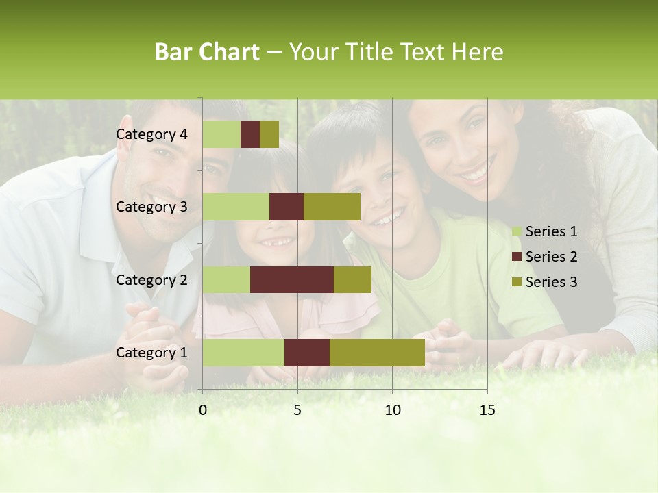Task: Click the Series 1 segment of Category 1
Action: pos(243,353)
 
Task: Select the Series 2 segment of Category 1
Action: pos(307,353)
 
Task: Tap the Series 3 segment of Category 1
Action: pos(377,353)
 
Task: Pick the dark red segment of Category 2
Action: pos(292,279)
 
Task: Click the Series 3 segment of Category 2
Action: pos(352,279)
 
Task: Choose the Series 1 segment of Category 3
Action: pos(236,207)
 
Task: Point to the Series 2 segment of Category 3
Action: pos(287,207)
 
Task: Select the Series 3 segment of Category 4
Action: pos(269,134)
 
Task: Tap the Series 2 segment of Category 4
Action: pos(250,134)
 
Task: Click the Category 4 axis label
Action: pos(151,134)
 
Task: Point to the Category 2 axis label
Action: pos(151,279)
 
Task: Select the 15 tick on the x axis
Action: pos(487,409)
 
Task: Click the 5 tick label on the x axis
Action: pos(297,409)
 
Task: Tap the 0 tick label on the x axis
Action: pos(203,409)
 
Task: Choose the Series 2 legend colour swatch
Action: pos(516,257)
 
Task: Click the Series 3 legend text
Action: pos(551,282)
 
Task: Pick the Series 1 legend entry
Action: pos(545,231)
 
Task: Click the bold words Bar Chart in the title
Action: pos(207,52)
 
